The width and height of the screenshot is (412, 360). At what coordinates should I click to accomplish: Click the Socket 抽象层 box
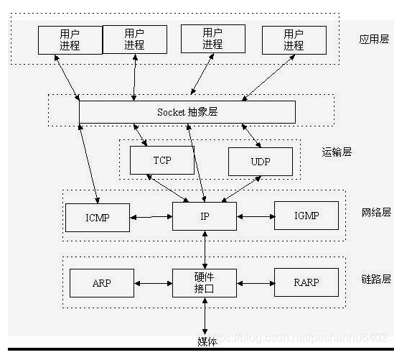click(x=187, y=112)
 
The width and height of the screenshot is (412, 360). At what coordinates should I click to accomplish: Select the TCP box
click(x=162, y=160)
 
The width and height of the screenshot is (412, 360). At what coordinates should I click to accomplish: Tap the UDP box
click(x=260, y=162)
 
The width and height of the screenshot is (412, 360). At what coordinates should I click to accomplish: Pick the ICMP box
click(x=97, y=216)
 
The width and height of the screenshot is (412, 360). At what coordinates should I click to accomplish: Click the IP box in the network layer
click(x=205, y=216)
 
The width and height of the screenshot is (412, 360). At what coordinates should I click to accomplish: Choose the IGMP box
click(x=306, y=216)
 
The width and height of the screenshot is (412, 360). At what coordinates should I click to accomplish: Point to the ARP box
click(x=102, y=282)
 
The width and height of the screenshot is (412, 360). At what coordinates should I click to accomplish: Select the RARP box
click(x=306, y=282)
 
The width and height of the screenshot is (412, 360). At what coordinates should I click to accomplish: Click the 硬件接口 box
click(x=205, y=282)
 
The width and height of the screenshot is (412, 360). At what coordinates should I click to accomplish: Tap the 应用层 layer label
click(x=374, y=39)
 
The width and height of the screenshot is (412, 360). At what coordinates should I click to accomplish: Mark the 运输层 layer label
click(x=337, y=152)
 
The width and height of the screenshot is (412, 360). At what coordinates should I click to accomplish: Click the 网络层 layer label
click(x=375, y=212)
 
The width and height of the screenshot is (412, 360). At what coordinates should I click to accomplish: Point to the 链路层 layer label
click(x=375, y=278)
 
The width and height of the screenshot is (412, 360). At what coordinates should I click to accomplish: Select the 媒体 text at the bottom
click(x=207, y=340)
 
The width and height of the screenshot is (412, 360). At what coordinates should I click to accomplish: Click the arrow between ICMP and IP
click(x=151, y=216)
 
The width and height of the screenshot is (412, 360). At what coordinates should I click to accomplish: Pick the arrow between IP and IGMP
click(x=255, y=216)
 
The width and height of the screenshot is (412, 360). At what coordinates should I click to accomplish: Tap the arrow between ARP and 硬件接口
click(x=154, y=282)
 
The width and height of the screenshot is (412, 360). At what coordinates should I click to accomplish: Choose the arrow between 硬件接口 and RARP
click(x=255, y=282)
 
